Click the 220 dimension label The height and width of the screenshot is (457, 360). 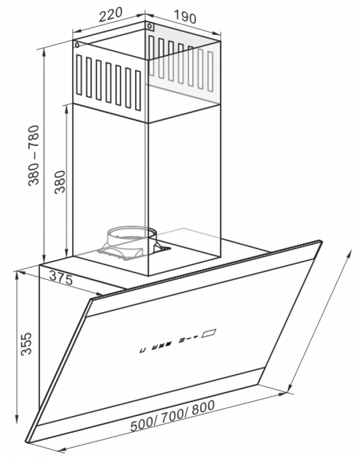[110, 15]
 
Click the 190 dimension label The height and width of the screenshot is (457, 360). [185, 16]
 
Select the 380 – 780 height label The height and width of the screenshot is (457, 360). [33, 155]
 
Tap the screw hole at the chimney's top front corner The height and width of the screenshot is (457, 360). [149, 26]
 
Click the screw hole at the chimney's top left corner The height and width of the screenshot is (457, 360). [77, 45]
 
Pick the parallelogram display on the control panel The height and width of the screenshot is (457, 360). [209, 333]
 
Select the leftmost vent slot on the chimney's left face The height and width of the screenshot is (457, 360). [79, 75]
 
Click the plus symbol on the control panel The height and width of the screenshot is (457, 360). [196, 337]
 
